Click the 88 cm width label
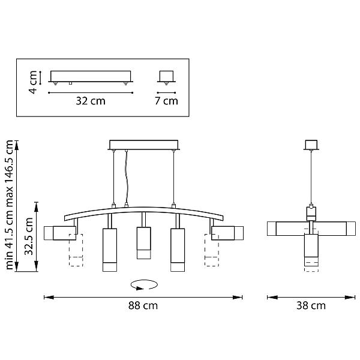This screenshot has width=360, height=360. coord(143,306)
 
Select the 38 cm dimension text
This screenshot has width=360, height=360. coord(311,306)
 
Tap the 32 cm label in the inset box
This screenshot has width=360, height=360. coord(91,101)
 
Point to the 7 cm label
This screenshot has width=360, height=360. coord(166,101)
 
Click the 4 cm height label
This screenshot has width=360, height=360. coord(32,82)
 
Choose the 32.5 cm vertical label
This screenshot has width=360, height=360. coord(29,236)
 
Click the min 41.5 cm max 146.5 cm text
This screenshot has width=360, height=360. coord(10,205)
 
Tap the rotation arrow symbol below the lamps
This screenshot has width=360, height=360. coord(144,284)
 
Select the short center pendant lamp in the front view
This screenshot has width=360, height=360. coord(144,243)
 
